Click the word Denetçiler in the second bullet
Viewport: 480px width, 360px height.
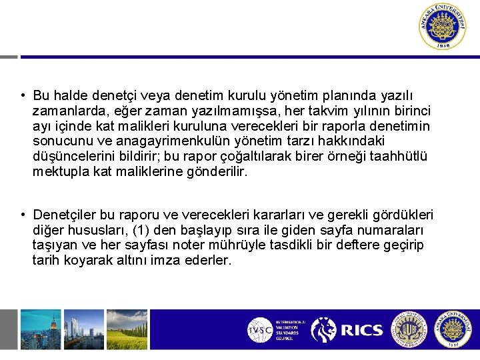tap(64, 215)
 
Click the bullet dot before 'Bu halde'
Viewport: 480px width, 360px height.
tap(23, 96)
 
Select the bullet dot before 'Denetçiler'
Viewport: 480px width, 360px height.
tap(23, 215)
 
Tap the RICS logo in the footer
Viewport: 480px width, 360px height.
tap(347, 329)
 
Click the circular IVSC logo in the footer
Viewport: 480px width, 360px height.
tap(259, 329)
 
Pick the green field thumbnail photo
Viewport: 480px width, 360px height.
tap(125, 329)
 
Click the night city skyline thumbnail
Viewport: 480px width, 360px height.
tap(40, 329)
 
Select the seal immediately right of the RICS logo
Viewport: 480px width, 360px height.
tap(408, 329)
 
